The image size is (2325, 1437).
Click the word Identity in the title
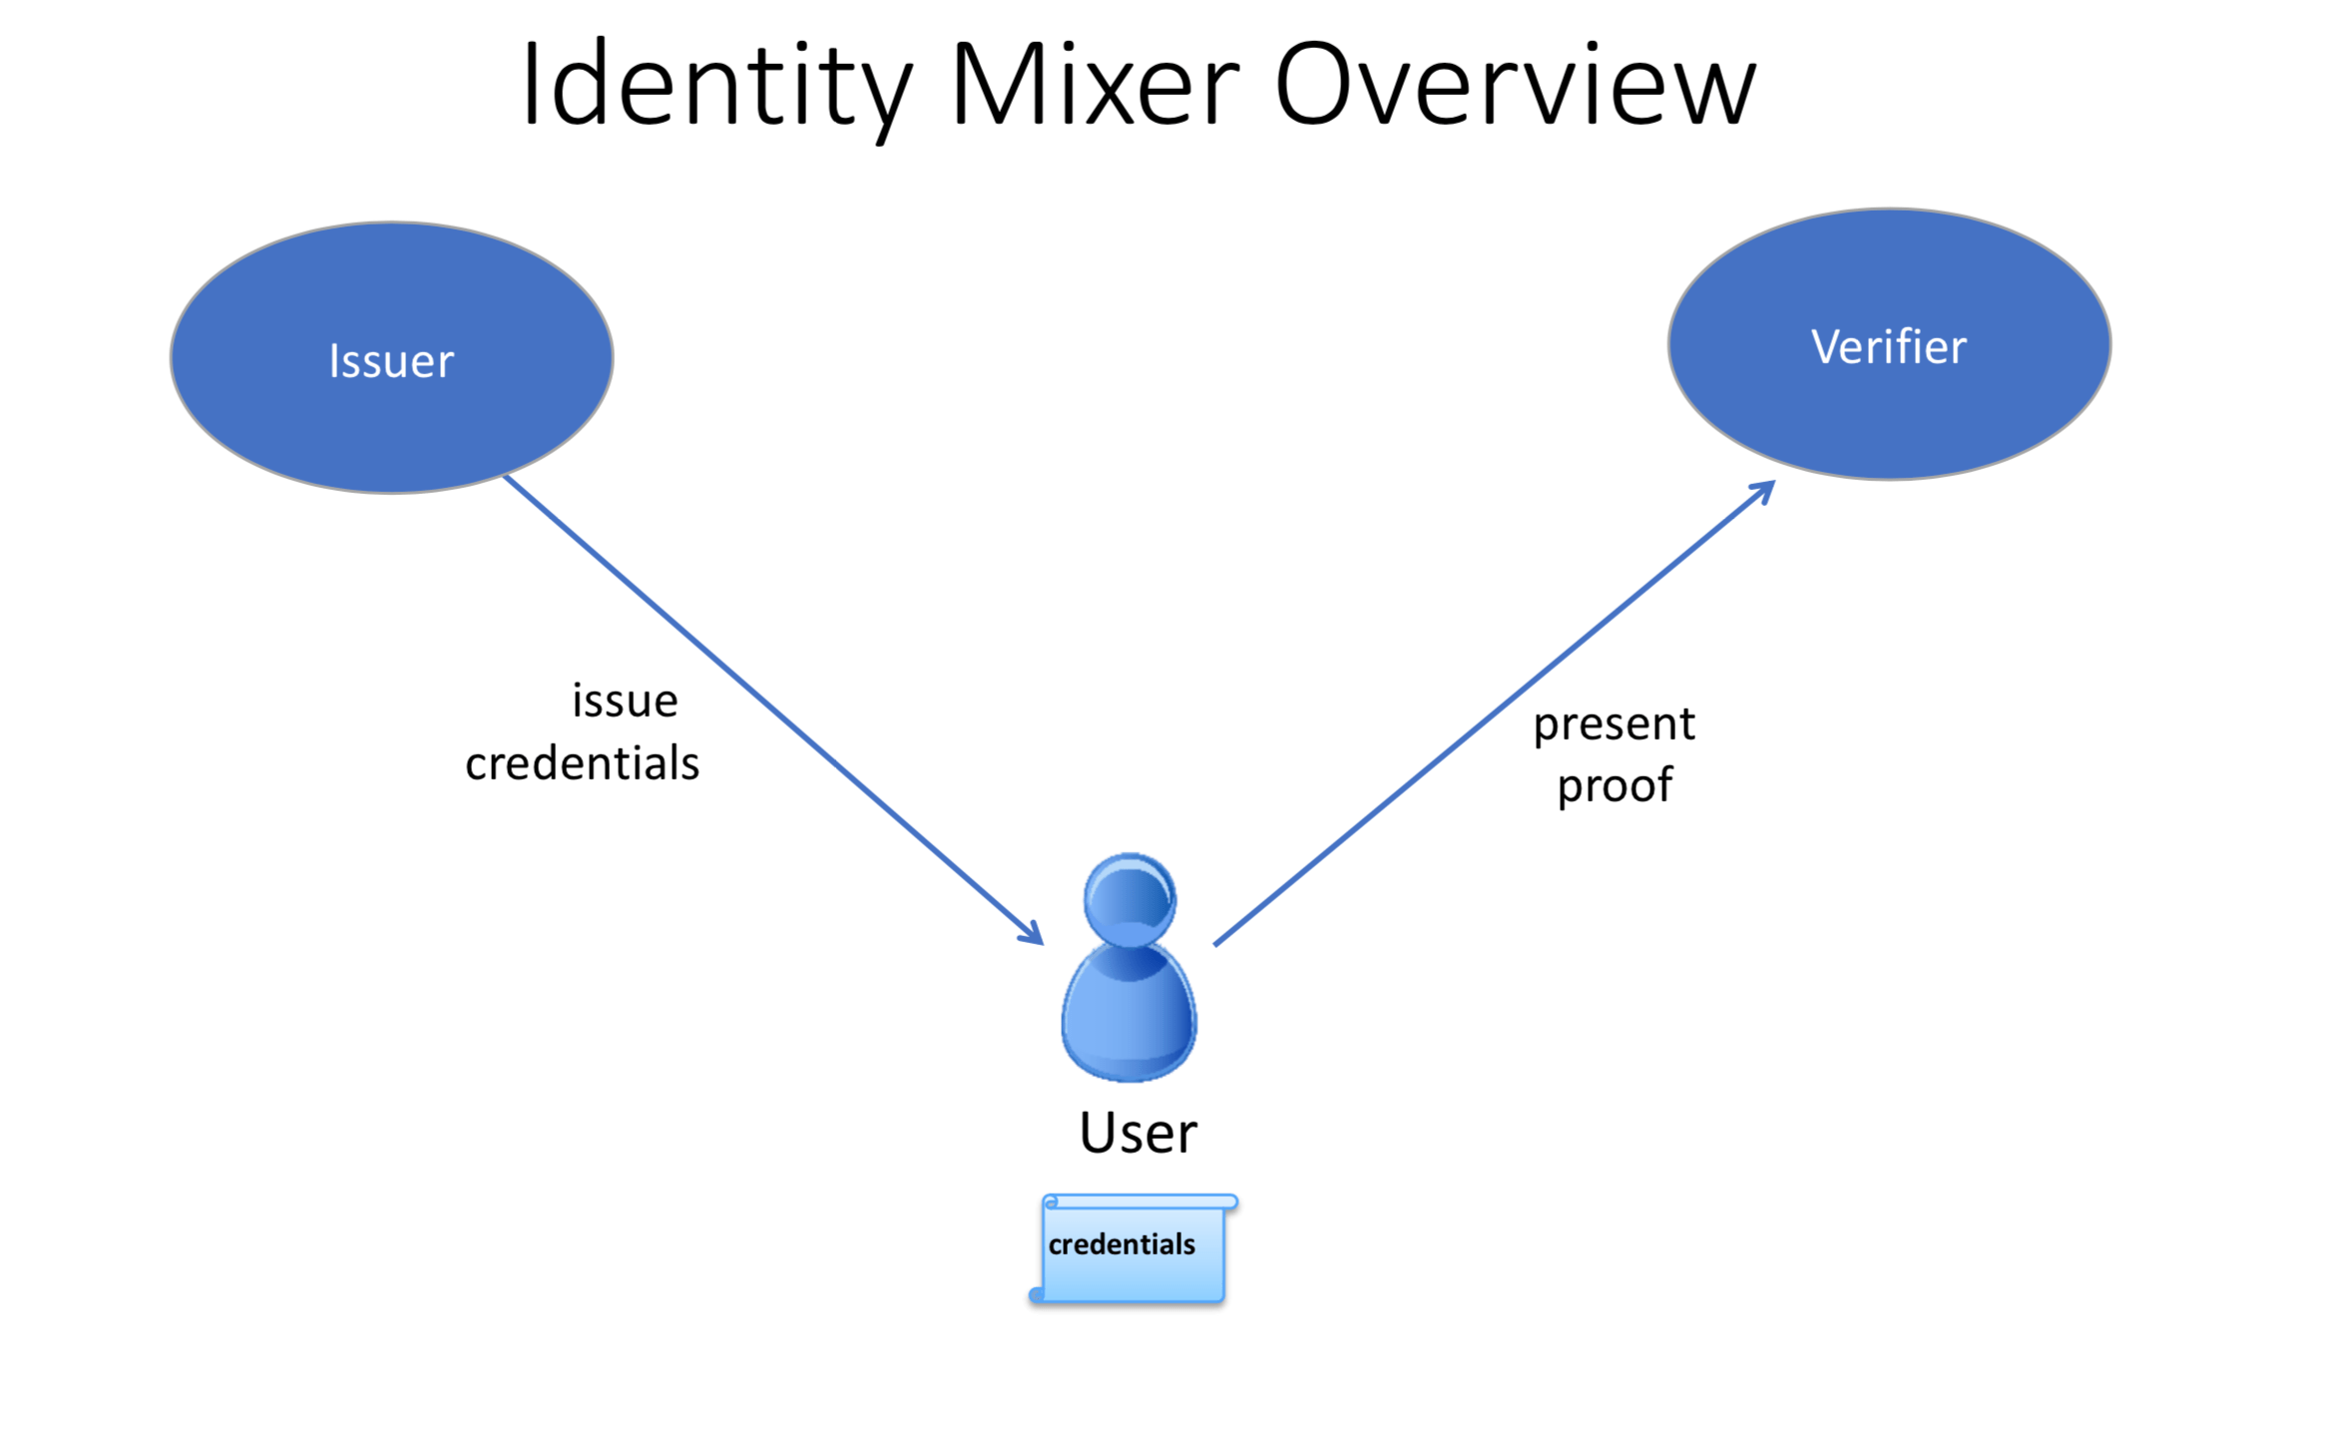coord(714,88)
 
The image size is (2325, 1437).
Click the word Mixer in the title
coord(1095,88)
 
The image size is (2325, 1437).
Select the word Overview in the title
coord(1514,88)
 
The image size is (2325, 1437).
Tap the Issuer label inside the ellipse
coord(391,361)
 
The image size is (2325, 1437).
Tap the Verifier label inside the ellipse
coord(1888,347)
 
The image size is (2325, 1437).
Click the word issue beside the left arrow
coord(625,701)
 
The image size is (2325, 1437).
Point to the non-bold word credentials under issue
coord(582,763)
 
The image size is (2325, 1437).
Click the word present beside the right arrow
coord(1614,723)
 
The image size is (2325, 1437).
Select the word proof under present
coord(1614,785)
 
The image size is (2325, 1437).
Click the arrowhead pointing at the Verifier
coord(1766,488)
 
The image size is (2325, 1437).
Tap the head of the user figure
coord(1130,898)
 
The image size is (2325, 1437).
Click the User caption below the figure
coord(1138,1133)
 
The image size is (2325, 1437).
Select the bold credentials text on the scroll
coord(1121,1244)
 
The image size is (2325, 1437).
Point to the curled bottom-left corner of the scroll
coord(1037,1295)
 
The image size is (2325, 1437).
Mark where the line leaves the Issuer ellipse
coord(506,477)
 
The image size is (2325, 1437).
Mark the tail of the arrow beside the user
coord(1216,943)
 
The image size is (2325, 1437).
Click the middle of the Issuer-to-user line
coord(773,710)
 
